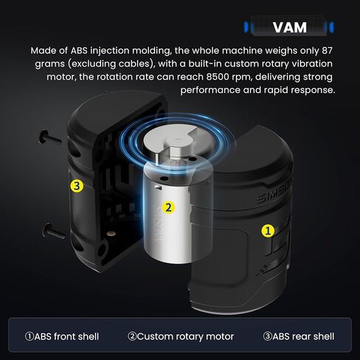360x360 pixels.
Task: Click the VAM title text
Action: tap(290, 27)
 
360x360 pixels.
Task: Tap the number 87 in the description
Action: tap(327, 51)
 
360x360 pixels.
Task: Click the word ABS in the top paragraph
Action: tap(79, 51)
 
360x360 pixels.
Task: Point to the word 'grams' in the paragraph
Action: tap(49, 64)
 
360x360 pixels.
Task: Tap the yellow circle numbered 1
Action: tap(268, 231)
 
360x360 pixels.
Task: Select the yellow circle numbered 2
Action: tap(169, 207)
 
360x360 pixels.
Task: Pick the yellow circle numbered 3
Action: tap(77, 186)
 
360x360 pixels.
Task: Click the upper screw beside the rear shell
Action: tap(50, 137)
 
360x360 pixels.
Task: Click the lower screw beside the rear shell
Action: tap(53, 232)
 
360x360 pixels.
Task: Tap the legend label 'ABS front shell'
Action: tap(62, 336)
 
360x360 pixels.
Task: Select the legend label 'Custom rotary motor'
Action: tap(181, 336)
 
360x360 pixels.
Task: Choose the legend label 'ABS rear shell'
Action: tap(299, 336)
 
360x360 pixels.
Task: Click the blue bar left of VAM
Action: tap(246, 27)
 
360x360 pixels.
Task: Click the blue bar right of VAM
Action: tap(332, 27)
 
